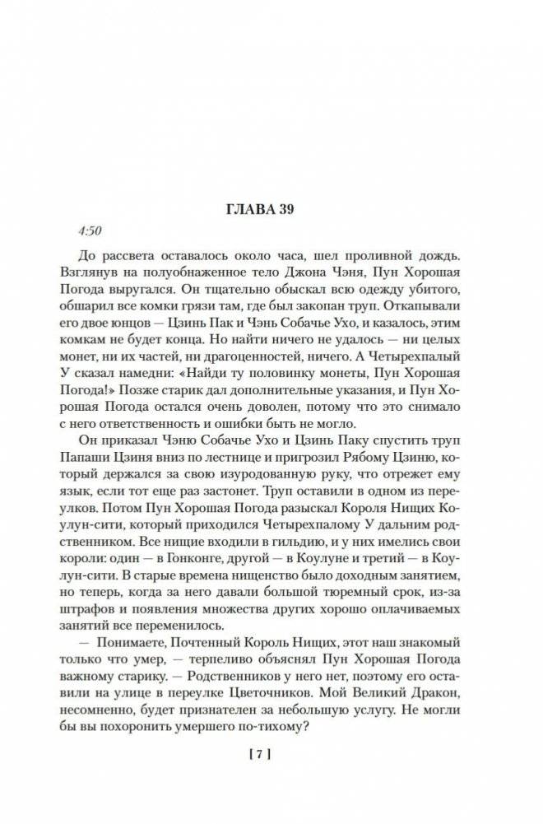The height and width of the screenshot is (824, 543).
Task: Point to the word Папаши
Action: coord(104,461)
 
